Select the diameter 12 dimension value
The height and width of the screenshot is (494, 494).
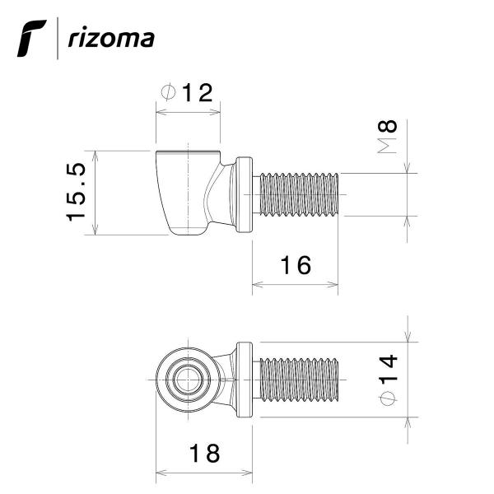pos(198,92)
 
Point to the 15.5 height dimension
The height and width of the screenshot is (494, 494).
pos(77,192)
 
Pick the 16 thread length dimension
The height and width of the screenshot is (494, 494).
pos(294,265)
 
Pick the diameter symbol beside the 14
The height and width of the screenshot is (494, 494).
pos(389,399)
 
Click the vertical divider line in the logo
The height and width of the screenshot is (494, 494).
pos(58,40)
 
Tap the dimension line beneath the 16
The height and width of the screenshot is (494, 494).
pos(294,286)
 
